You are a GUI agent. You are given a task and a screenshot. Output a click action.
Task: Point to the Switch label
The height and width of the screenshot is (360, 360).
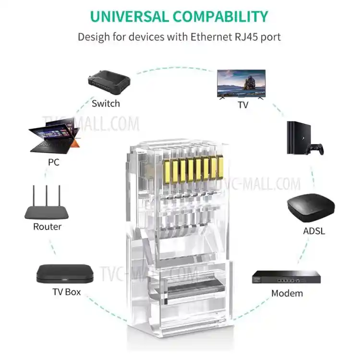[x=106, y=103]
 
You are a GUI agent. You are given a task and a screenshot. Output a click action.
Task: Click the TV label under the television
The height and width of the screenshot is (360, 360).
[x=243, y=105]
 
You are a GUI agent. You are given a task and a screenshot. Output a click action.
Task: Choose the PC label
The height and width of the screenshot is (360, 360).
[x=54, y=162]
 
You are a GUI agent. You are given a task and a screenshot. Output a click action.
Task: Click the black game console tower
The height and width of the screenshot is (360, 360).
[x=295, y=138]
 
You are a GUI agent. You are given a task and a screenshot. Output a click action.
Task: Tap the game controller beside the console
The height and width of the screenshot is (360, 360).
[x=316, y=149]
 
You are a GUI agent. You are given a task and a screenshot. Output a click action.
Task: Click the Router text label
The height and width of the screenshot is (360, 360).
[x=47, y=227]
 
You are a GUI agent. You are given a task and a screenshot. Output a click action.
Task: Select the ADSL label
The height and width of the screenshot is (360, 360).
[x=314, y=231]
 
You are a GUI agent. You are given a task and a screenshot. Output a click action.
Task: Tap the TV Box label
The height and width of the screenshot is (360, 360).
[x=67, y=292]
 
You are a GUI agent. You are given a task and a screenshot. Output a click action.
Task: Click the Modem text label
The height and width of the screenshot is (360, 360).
[x=287, y=293]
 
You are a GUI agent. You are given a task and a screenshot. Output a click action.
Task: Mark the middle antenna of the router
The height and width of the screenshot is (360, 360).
[x=47, y=194]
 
